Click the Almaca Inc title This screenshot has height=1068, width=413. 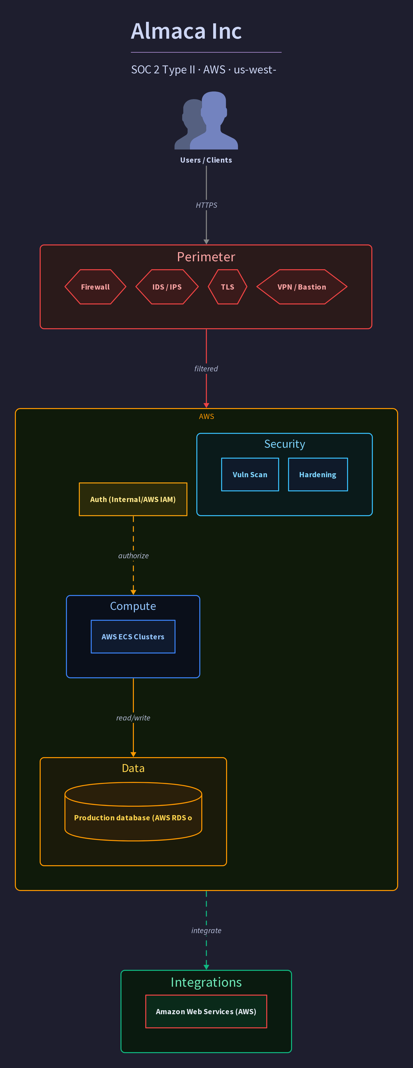(186, 31)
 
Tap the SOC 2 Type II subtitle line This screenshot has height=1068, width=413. (204, 70)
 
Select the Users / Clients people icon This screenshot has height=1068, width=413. (206, 120)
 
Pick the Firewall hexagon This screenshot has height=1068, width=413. (95, 287)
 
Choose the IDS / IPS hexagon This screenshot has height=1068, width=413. (167, 287)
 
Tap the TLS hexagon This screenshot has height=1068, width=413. (228, 287)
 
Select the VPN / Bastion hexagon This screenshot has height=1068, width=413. (302, 287)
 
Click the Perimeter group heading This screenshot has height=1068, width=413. (206, 257)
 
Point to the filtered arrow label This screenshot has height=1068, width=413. (206, 369)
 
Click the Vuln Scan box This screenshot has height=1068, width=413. (250, 475)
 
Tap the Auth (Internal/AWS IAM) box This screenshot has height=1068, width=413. (133, 499)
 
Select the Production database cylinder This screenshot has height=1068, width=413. (133, 811)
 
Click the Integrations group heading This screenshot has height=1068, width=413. (206, 982)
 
